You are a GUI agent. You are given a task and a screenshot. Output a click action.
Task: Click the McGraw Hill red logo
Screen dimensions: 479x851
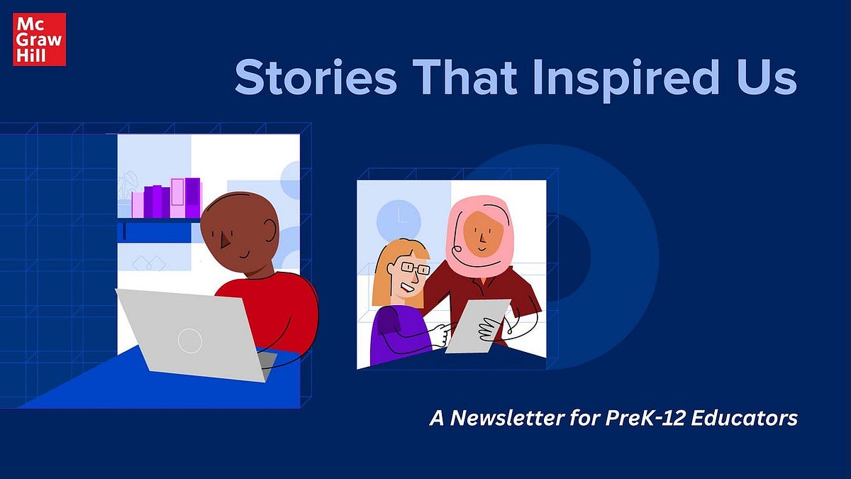pos(39,39)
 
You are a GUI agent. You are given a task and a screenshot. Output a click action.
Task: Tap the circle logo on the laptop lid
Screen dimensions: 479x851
pos(190,341)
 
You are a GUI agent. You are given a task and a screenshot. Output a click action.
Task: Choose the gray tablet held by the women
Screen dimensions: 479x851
pos(476,325)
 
